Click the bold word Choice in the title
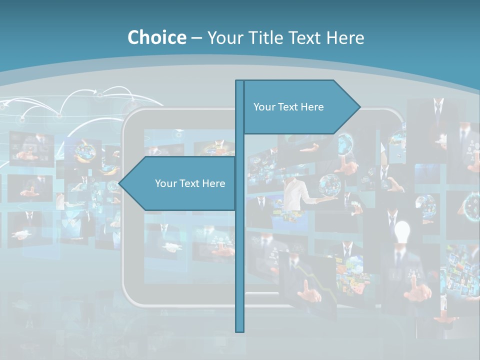tap(156, 37)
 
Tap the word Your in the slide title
tap(223, 37)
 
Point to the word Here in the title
tap(345, 37)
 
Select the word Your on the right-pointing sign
tap(264, 107)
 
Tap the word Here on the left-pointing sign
tap(213, 183)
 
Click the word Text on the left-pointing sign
tap(190, 183)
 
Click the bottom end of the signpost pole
tap(240, 330)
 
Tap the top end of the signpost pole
tap(240, 81)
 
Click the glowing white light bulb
tap(402, 231)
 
